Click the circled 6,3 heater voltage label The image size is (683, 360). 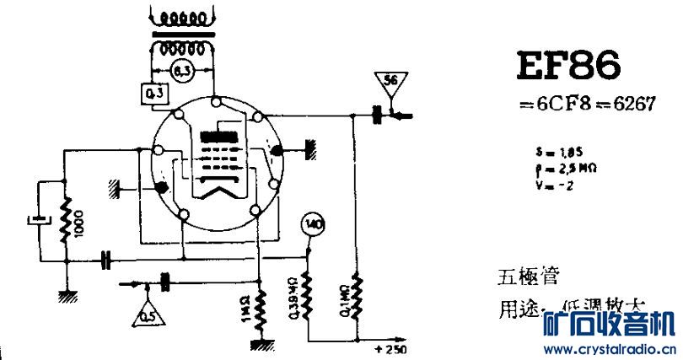(x=180, y=72)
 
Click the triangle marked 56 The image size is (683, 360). (x=390, y=83)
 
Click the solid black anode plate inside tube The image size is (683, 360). (x=218, y=136)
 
